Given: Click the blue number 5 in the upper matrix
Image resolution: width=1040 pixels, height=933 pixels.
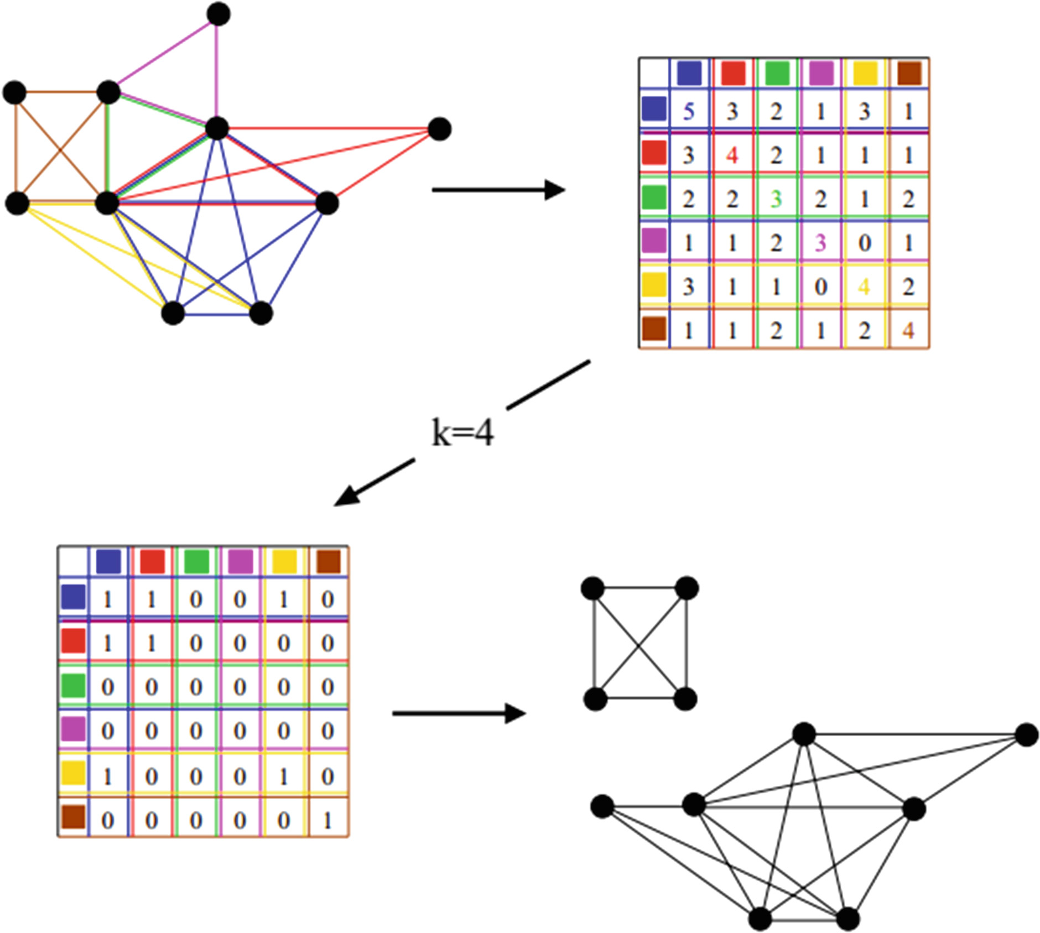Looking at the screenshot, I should [x=688, y=111].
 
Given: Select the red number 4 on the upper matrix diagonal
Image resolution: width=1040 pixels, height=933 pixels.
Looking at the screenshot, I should [x=732, y=155].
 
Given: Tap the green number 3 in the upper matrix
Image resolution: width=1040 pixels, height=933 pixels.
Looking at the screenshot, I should [x=776, y=199].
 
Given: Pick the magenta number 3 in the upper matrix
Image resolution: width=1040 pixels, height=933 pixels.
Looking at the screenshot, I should [x=820, y=242].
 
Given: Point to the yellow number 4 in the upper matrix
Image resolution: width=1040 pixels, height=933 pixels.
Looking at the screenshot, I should [x=864, y=286].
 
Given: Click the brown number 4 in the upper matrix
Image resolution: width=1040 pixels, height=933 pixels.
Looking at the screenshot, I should [x=908, y=331].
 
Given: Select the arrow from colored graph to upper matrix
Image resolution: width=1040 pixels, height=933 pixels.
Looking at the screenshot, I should [x=498, y=190].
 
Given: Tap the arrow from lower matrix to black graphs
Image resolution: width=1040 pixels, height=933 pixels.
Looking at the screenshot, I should [x=459, y=713].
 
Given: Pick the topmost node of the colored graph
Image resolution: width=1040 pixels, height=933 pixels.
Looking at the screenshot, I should [x=219, y=14].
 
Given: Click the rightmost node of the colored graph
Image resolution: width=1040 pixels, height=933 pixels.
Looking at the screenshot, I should [x=439, y=129].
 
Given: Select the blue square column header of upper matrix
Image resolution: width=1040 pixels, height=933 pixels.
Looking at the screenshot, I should [x=689, y=73].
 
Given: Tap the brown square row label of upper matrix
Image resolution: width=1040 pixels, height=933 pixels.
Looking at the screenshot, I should [x=654, y=329].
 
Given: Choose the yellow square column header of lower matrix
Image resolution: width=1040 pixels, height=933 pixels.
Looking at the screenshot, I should [x=284, y=561].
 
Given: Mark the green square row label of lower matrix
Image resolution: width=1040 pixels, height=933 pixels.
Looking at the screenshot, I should [x=73, y=685].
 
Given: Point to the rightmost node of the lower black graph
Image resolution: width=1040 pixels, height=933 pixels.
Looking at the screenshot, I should [x=1027, y=735].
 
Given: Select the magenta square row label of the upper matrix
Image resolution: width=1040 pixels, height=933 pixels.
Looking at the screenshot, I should [x=654, y=241].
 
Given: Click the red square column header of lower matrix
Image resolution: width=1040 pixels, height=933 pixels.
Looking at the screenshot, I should [x=152, y=561].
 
